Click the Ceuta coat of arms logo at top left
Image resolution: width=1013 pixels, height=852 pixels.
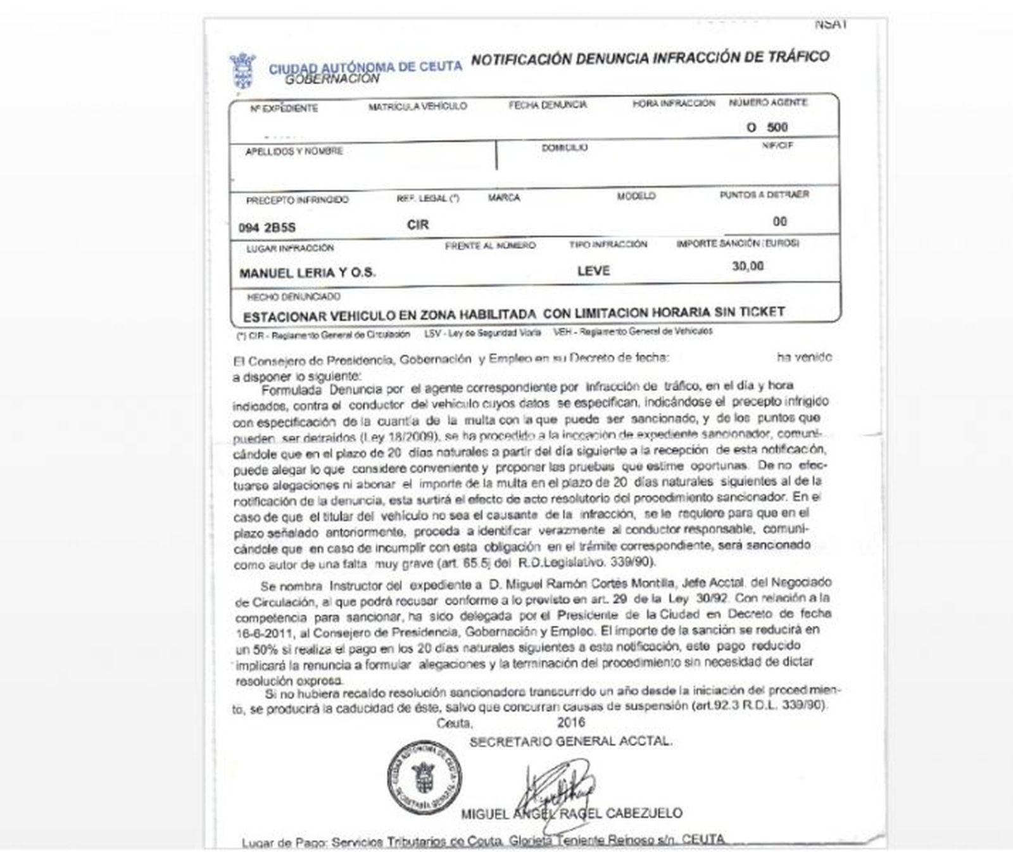[242, 70]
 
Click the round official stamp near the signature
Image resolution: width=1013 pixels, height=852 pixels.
[424, 777]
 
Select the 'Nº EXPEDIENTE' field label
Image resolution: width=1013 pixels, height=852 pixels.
[284, 108]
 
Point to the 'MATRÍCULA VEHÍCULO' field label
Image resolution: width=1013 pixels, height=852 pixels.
[417, 106]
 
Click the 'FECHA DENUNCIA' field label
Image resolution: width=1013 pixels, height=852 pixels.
[548, 105]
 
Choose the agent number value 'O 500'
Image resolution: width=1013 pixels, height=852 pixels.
[767, 127]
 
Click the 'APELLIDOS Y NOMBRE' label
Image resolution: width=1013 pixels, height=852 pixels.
[294, 151]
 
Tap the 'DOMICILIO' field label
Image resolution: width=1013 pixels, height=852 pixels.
[564, 148]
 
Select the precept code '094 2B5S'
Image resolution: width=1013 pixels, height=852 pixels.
[267, 227]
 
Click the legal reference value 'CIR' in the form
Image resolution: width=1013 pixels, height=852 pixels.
[418, 225]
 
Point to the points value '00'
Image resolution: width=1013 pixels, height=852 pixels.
[779, 221]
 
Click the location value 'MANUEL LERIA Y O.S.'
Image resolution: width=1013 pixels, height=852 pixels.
[307, 273]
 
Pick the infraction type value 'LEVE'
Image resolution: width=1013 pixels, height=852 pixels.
[593, 270]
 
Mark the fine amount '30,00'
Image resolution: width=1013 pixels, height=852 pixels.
[748, 266]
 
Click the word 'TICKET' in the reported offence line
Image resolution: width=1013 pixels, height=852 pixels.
[762, 312]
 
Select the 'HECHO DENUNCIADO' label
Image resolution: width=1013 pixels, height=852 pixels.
[293, 296]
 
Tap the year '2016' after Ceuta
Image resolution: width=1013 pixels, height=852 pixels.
[571, 723]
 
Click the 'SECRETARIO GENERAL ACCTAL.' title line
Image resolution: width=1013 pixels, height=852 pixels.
[570, 741]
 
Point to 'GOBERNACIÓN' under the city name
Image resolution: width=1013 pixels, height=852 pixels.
[332, 79]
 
